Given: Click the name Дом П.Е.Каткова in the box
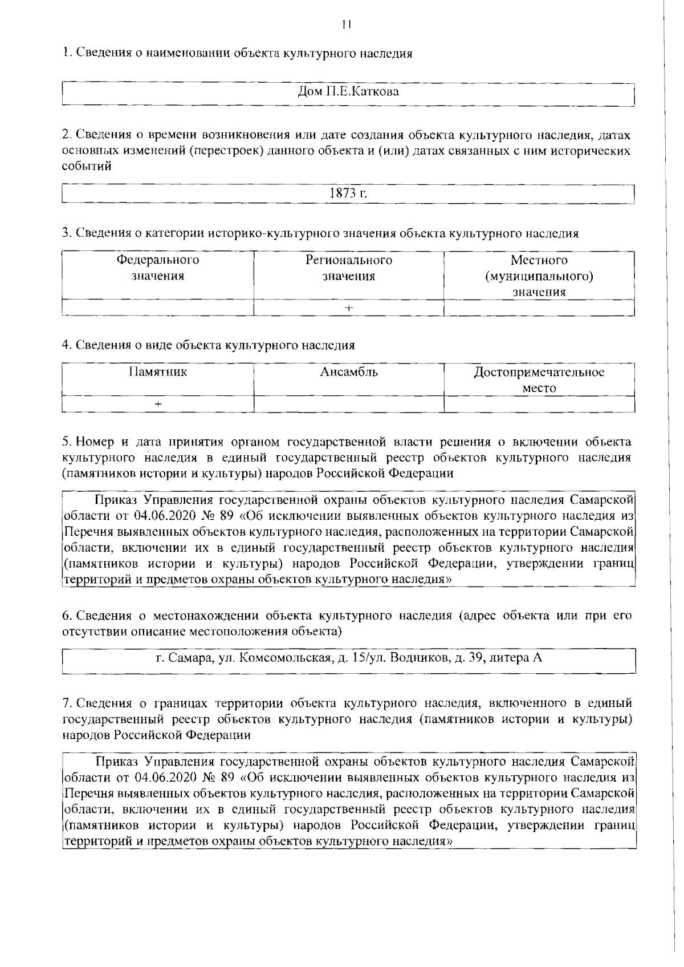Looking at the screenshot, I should [348, 91].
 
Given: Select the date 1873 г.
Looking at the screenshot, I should [348, 193].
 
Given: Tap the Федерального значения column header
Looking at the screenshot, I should [158, 268].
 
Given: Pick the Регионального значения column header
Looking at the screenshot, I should [349, 268].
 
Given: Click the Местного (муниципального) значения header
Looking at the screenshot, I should [539, 276].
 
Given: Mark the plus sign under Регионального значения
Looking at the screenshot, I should [349, 308].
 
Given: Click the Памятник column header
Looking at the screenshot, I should [158, 373].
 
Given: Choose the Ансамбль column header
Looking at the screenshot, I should [349, 373].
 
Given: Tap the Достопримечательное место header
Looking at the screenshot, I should [539, 380].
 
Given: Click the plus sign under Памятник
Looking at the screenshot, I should [158, 404].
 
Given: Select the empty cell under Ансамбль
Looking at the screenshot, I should [349, 404].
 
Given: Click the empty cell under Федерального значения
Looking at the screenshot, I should [158, 308].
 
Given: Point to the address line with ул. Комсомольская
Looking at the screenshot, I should [348, 658].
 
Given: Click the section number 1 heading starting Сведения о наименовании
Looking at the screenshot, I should [237, 54].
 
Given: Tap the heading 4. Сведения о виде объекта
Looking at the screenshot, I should [209, 345].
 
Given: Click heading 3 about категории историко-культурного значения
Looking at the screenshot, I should [320, 233].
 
